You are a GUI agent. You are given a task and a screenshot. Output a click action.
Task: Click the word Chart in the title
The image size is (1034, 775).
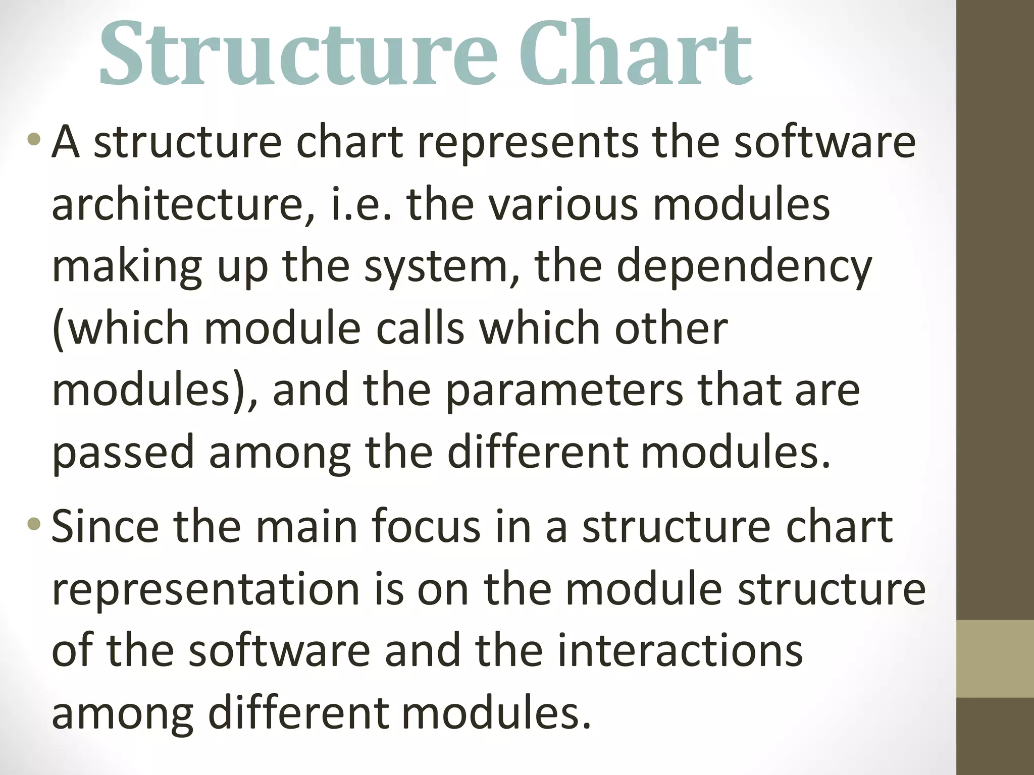pos(635,53)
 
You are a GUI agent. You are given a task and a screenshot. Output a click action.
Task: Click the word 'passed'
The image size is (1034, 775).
pos(123,453)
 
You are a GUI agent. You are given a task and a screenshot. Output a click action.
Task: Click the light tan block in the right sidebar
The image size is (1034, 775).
pos(995,658)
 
